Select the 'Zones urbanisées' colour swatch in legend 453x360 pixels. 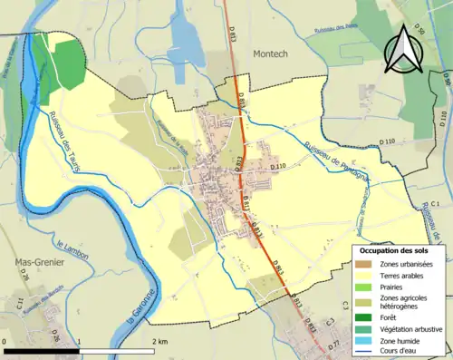(x=361, y=264)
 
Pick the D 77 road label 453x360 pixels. (x=333, y=344)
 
